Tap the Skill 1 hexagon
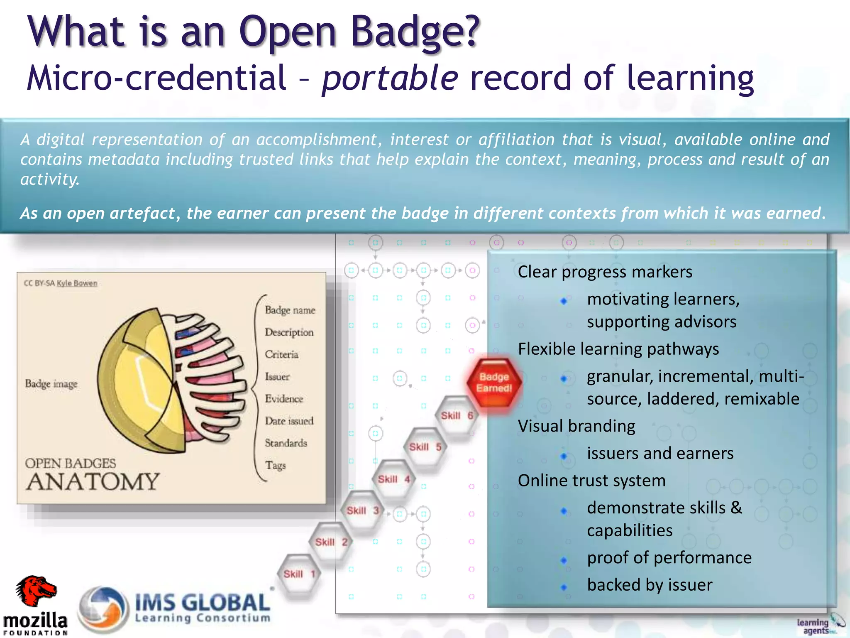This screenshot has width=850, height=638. tap(299, 574)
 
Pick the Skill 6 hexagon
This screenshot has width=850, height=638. tap(457, 415)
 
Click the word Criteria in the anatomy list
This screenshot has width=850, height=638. tap(281, 354)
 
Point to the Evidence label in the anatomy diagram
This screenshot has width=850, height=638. tap(284, 399)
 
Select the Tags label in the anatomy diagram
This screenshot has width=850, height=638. tap(275, 465)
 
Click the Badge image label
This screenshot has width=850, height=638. tap(51, 384)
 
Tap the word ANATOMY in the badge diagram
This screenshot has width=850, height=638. tap(93, 482)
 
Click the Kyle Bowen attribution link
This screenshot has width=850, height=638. tap(77, 283)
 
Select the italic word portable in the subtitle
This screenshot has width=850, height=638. tap(390, 78)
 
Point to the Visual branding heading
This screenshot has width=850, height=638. tap(576, 426)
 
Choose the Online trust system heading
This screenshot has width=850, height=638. tap(591, 481)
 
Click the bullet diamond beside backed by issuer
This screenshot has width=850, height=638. tap(564, 587)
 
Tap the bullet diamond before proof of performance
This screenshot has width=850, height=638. tap(564, 560)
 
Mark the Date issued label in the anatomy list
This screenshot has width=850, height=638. tap(289, 421)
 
